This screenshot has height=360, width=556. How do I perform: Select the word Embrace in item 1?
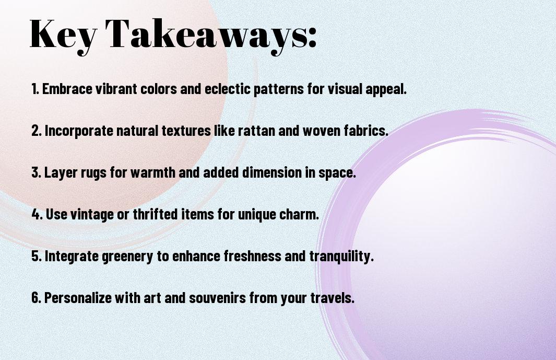pyautogui.click(x=67, y=89)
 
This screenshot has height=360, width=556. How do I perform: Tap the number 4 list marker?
pyautogui.click(x=37, y=214)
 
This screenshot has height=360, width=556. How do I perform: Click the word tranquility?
pyautogui.click(x=341, y=257)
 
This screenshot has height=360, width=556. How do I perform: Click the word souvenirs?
pyautogui.click(x=217, y=298)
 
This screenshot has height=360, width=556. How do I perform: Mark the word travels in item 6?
pyautogui.click(x=333, y=297)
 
